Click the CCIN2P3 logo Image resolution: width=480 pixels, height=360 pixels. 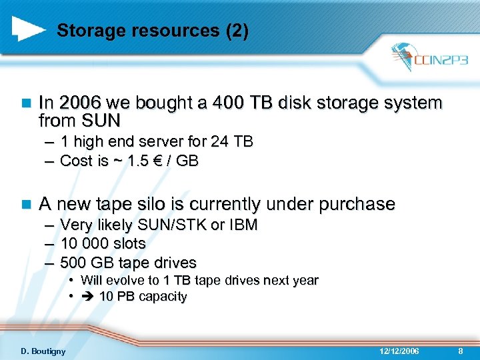click(x=429, y=59)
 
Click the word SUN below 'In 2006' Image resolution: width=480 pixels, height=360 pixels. click(x=101, y=121)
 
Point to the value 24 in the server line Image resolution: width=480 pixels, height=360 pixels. click(x=220, y=142)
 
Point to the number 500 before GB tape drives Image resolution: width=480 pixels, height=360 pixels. click(x=73, y=262)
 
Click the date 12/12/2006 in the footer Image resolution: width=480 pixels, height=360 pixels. click(x=399, y=351)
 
